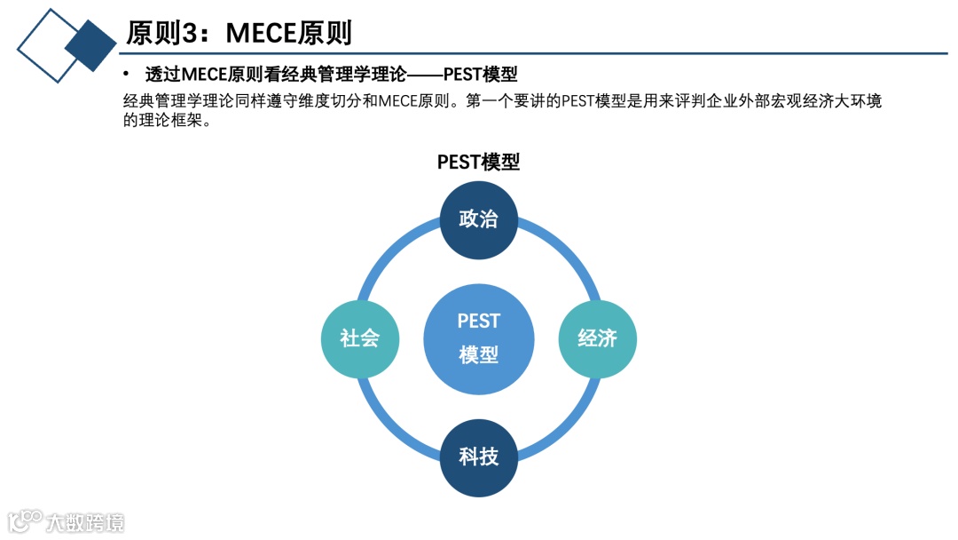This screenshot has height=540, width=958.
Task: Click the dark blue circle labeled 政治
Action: pos(479,220)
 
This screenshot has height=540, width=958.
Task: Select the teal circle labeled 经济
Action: pos(597,338)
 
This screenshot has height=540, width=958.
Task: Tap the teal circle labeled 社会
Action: pos(360,338)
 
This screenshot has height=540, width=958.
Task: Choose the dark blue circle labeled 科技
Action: pos(479,457)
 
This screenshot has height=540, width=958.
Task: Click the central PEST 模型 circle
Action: pos(479,338)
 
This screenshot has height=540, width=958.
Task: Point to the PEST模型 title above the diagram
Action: pos(478,162)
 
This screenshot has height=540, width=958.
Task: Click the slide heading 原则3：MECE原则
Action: pos(239,33)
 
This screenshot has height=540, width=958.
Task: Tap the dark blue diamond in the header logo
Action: pos(90,45)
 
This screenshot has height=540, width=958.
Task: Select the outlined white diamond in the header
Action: pos(44,44)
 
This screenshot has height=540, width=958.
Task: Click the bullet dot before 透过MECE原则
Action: pos(127,74)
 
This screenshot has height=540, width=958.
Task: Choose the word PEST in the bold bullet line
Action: pos(461,74)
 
